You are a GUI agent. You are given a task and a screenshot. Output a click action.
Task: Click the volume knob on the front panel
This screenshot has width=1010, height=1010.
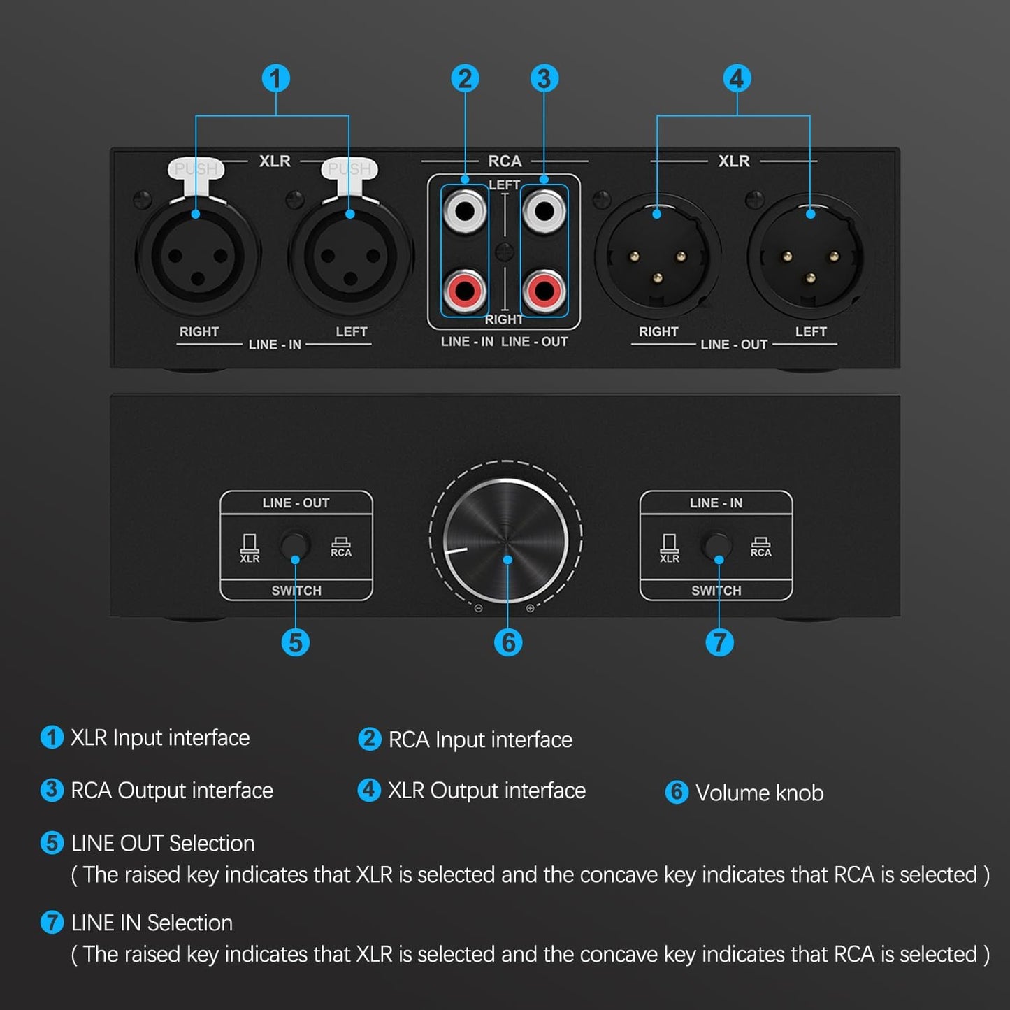point(507,540)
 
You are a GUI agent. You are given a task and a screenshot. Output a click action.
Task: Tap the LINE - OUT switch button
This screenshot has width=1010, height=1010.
point(295,546)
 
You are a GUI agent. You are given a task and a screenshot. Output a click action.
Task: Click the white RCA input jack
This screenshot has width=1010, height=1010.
point(465,210)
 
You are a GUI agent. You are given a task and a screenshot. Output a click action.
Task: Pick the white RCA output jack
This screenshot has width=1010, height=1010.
point(544,210)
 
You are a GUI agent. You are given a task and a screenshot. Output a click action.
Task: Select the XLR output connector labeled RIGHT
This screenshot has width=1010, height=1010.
point(657,257)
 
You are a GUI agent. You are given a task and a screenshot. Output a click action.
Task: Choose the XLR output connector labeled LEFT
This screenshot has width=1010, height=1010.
point(809,257)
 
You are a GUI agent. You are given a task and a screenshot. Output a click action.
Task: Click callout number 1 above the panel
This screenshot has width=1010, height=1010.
point(275,78)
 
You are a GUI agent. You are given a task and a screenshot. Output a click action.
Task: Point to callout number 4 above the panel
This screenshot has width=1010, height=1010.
point(737,78)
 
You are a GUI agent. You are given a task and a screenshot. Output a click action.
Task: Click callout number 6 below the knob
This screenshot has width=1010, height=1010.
point(508,642)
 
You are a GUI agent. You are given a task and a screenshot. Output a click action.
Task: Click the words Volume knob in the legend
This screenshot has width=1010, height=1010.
point(759,793)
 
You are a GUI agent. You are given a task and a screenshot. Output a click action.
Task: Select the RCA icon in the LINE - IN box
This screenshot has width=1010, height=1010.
point(760,547)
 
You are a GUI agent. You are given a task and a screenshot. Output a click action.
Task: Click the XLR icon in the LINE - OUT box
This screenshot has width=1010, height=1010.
point(250,548)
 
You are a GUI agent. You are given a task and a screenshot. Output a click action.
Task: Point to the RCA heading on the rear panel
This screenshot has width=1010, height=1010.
point(505,161)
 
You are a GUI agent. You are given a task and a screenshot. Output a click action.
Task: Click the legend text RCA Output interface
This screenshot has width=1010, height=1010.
point(171,791)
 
